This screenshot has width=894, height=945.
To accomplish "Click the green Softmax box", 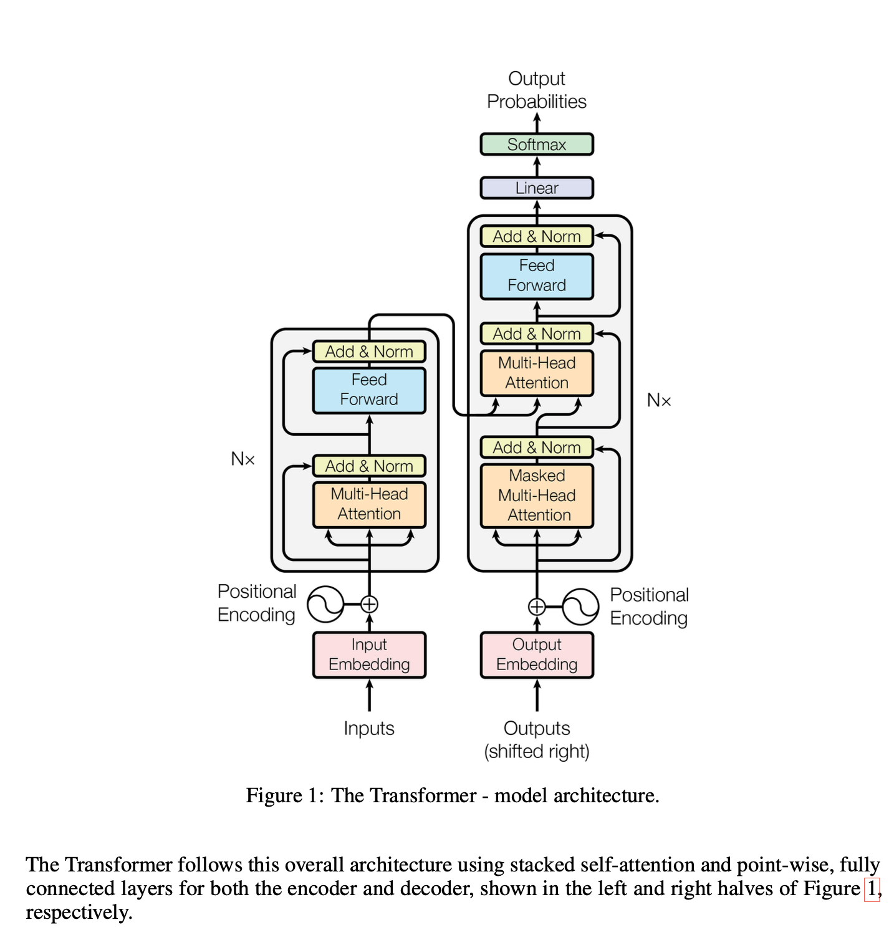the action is pyautogui.click(x=536, y=144).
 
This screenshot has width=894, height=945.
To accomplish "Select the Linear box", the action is pyautogui.click(x=536, y=188).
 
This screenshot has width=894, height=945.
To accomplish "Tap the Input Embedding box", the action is pyautogui.click(x=369, y=655).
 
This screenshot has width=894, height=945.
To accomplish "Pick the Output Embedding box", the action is pyautogui.click(x=536, y=655).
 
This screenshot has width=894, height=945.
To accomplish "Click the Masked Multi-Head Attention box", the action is pyautogui.click(x=536, y=496).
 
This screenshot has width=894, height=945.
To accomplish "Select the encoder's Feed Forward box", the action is pyautogui.click(x=369, y=390).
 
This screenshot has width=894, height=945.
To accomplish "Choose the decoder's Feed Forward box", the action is pyautogui.click(x=536, y=276).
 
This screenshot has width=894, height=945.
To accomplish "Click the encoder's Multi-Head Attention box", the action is pyautogui.click(x=369, y=504).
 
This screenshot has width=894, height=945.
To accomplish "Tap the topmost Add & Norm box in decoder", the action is pyautogui.click(x=536, y=236).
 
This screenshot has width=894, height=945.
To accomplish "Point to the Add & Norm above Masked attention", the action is pyautogui.click(x=536, y=448).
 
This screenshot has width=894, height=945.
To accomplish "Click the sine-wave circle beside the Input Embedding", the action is pyautogui.click(x=325, y=604).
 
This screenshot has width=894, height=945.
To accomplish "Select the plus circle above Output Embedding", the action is pyautogui.click(x=536, y=607).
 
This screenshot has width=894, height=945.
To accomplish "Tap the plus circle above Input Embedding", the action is pyautogui.click(x=369, y=604).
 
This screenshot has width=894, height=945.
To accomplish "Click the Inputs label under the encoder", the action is pyautogui.click(x=369, y=728).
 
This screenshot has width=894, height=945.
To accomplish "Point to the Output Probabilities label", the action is pyautogui.click(x=536, y=90).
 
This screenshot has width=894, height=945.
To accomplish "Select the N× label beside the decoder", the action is pyautogui.click(x=659, y=400).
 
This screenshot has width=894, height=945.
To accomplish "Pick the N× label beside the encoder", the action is pyautogui.click(x=243, y=459).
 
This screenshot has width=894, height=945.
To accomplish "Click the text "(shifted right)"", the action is pyautogui.click(x=536, y=751).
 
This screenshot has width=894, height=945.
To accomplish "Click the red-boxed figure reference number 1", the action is pyautogui.click(x=872, y=888).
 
